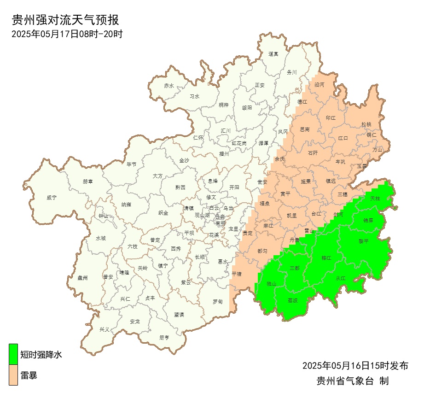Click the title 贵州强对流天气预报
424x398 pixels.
(65, 20)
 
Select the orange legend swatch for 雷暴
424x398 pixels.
(13, 375)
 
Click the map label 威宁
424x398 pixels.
(52, 198)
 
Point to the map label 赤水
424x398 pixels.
(169, 86)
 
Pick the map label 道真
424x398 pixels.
(273, 54)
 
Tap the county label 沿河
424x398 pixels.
(319, 85)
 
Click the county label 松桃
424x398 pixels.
(366, 124)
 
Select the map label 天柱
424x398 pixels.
(375, 198)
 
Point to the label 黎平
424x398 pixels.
(364, 241)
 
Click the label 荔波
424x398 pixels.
(292, 300)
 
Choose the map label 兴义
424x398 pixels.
(105, 329)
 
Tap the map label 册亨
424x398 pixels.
(164, 337)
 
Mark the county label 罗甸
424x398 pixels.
(218, 302)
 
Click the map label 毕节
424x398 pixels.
(132, 164)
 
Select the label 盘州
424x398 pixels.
(82, 277)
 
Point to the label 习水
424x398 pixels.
(195, 97)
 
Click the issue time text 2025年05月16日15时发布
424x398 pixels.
(355, 366)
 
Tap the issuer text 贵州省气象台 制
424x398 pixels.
(353, 381)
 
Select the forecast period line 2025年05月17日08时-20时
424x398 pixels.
(67, 34)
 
